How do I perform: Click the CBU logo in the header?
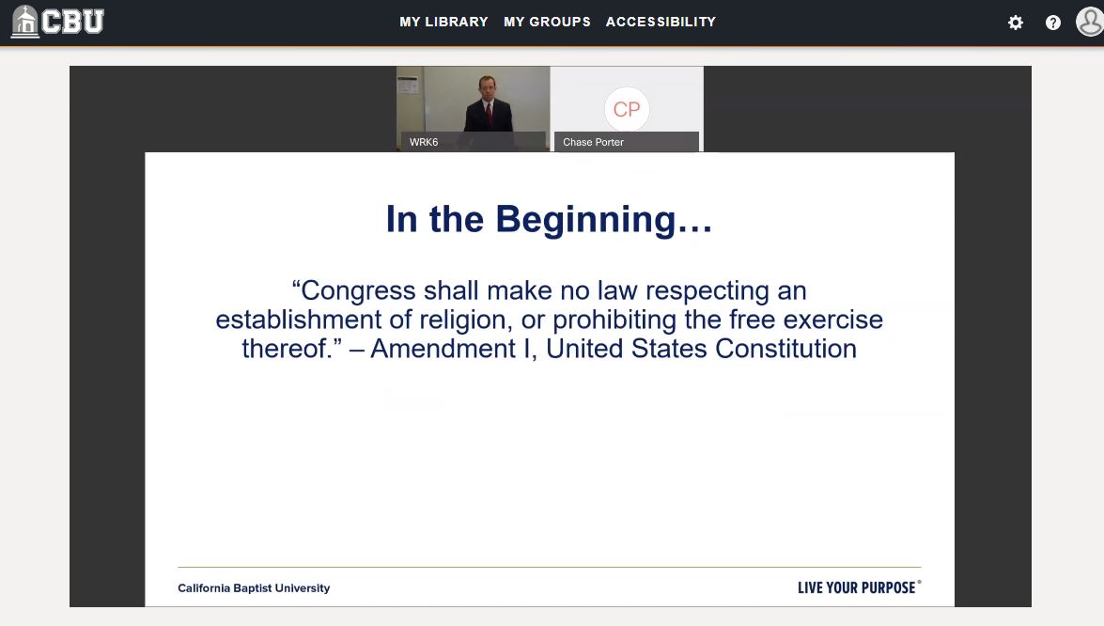(x=57, y=22)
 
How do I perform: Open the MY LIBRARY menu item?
(x=443, y=22)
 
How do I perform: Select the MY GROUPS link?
(x=547, y=22)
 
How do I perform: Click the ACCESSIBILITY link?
(x=661, y=22)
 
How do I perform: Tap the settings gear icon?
(x=1016, y=23)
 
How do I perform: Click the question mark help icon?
(x=1053, y=23)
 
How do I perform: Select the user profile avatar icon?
(x=1090, y=22)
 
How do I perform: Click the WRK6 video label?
(x=424, y=143)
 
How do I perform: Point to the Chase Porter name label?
(x=593, y=143)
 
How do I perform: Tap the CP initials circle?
(x=627, y=109)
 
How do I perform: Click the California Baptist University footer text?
(x=254, y=588)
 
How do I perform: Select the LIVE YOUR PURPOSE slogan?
(x=857, y=587)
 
